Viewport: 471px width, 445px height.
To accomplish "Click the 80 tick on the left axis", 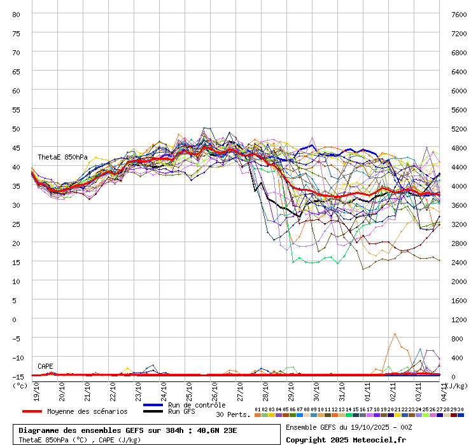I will pyautogui.click(x=16, y=14).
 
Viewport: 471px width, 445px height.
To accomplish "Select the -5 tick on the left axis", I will pyautogui.click(x=16, y=338).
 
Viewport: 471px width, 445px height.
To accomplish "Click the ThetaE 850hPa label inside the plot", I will pyautogui.click(x=62, y=157).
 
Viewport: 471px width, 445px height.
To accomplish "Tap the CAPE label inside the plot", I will pyautogui.click(x=45, y=366).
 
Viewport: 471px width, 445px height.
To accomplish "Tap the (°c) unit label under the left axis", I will pyautogui.click(x=20, y=385).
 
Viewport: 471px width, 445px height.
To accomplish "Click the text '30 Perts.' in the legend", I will pyautogui.click(x=233, y=414).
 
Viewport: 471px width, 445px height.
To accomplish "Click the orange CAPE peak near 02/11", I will pyautogui.click(x=395, y=334).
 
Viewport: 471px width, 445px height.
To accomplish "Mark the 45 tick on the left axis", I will pyautogui.click(x=16, y=147).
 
